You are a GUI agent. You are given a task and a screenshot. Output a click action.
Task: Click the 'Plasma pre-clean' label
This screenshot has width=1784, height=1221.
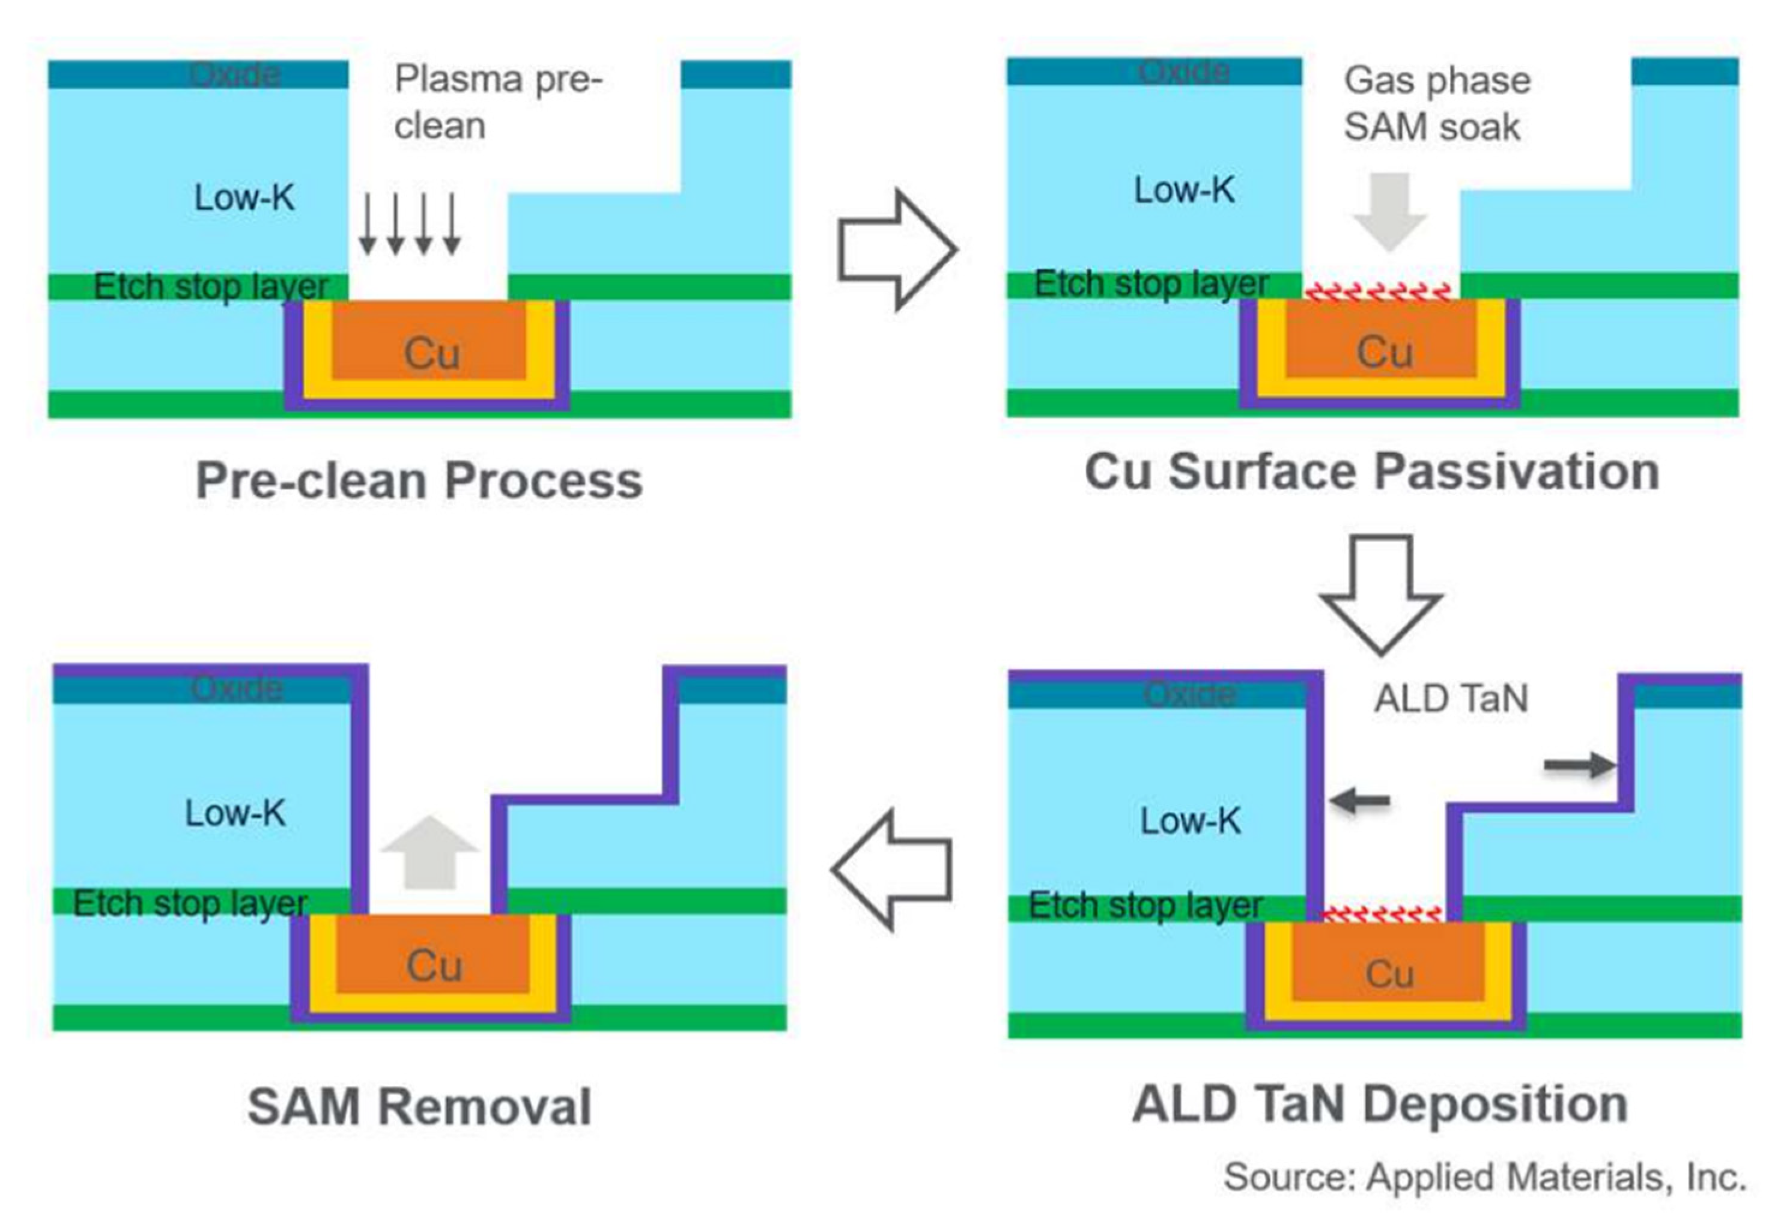[497, 102]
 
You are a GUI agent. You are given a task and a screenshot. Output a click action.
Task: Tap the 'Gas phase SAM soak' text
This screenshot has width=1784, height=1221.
[1436, 104]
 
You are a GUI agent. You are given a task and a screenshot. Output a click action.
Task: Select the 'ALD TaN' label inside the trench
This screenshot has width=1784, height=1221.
[1451, 699]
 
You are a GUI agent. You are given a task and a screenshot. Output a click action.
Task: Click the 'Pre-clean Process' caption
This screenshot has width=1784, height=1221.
[419, 481]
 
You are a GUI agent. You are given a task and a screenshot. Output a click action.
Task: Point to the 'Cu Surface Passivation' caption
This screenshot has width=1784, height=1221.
[1372, 472]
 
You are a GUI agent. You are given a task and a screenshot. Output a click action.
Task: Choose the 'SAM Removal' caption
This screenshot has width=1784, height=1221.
[419, 1107]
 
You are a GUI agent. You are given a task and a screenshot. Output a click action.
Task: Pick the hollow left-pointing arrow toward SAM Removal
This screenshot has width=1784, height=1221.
[893, 870]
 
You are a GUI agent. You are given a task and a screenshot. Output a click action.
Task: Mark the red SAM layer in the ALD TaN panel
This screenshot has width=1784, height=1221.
[1381, 913]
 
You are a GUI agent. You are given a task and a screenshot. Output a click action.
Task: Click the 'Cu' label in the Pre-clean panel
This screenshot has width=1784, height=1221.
[431, 354]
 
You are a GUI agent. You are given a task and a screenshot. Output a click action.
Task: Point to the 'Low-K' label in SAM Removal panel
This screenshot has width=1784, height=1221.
[235, 813]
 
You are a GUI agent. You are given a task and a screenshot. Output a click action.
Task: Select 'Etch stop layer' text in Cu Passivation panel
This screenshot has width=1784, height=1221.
[1150, 285]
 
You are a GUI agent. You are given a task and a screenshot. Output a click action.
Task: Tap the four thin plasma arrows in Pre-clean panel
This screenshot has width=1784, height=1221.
[409, 223]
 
